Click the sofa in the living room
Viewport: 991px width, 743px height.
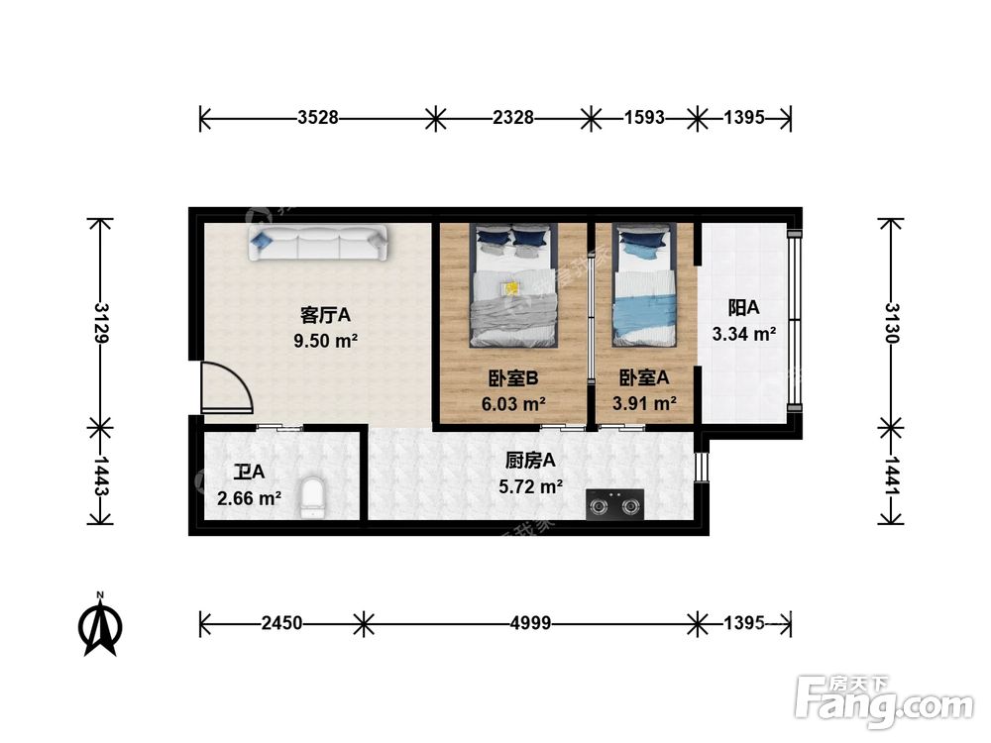tap(318, 244)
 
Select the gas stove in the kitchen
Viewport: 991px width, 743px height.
tap(614, 505)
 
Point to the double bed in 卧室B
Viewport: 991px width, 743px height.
tap(512, 287)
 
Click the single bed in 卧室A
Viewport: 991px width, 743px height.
tap(644, 287)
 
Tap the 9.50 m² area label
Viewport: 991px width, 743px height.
tap(326, 341)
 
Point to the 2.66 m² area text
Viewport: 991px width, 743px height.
tap(249, 498)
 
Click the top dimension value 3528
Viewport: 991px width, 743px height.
tap(318, 118)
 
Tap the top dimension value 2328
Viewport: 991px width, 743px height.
tap(513, 118)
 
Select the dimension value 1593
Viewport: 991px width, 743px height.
tap(644, 118)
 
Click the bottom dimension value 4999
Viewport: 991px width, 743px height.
tap(531, 623)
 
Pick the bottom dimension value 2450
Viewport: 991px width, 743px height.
tap(282, 623)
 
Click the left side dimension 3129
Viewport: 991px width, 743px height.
tap(99, 323)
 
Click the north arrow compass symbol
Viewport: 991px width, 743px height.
tap(100, 627)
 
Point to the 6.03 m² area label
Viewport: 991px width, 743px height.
tap(512, 404)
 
